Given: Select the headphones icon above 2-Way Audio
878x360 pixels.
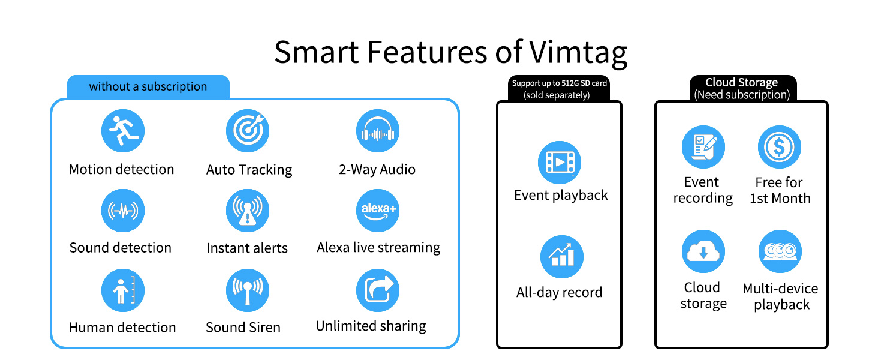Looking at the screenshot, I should (x=377, y=131).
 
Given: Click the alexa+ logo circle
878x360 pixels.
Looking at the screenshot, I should (x=377, y=211).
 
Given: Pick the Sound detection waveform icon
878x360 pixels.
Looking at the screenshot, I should (x=122, y=211).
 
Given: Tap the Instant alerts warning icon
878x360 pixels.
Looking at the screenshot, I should (x=248, y=211).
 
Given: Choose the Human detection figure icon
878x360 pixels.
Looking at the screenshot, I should (x=122, y=290).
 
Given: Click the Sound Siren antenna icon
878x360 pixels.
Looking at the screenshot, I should (x=248, y=290).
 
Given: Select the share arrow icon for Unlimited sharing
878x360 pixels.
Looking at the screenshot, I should (x=377, y=290).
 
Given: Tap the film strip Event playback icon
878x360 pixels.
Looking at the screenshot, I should (x=559, y=162).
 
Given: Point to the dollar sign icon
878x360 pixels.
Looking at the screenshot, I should (x=780, y=147).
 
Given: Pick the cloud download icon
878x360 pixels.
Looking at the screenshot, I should (x=703, y=251).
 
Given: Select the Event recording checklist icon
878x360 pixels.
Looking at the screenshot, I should (x=703, y=147).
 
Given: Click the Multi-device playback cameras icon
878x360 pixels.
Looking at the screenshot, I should (x=780, y=251).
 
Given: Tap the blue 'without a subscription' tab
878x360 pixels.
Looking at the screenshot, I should (x=148, y=86).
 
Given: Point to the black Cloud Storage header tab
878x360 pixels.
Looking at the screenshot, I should (x=742, y=88).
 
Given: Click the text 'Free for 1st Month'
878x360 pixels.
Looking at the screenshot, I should (x=780, y=190).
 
